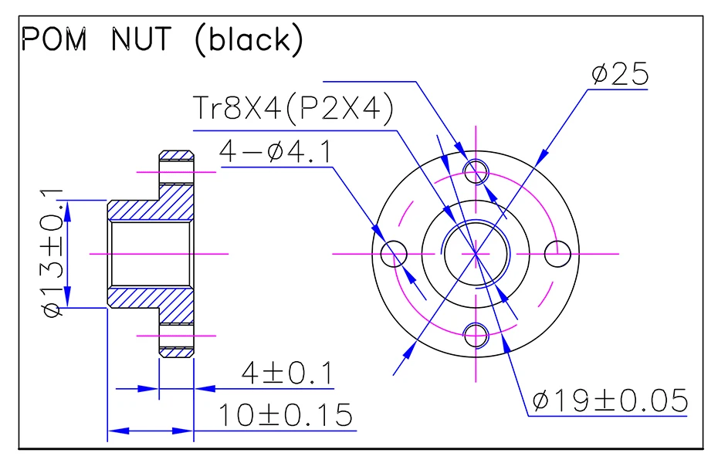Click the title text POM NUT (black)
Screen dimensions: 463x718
pyautogui.click(x=161, y=40)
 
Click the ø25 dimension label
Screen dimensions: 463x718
pyautogui.click(x=620, y=74)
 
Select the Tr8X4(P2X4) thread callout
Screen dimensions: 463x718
pyautogui.click(x=293, y=109)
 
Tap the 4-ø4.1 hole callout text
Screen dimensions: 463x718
pyautogui.click(x=275, y=152)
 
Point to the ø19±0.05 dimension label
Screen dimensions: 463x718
pyautogui.click(x=610, y=400)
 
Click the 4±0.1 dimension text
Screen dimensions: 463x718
pyautogui.click(x=286, y=374)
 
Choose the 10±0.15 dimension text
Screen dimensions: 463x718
pyautogui.click(x=285, y=415)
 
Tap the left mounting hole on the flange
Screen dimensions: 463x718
pyautogui.click(x=395, y=252)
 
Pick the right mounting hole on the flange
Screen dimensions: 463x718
pyautogui.click(x=558, y=252)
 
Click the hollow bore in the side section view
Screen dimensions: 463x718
pyautogui.click(x=151, y=252)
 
